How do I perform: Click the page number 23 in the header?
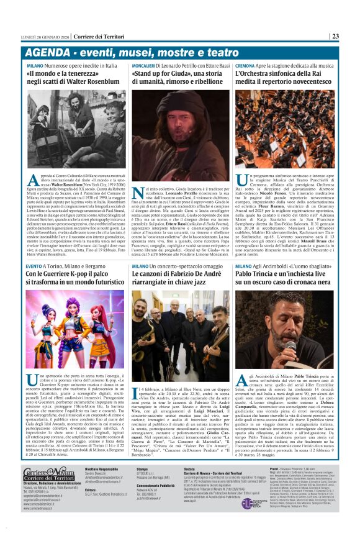click(x=335, y=36)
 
